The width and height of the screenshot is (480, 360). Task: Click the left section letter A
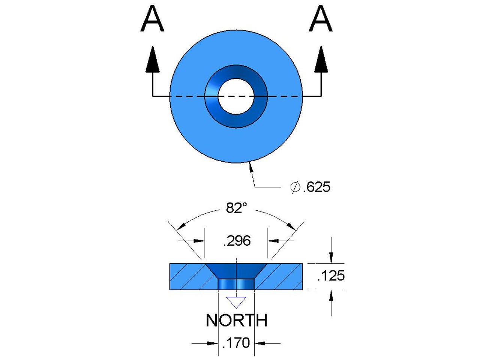click(152, 20)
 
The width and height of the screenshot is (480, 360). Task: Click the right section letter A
click(321, 20)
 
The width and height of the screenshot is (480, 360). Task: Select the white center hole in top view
click(236, 96)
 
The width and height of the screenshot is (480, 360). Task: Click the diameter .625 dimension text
click(316, 187)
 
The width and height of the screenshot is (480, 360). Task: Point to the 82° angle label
click(236, 208)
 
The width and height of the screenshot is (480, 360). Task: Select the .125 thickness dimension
click(330, 276)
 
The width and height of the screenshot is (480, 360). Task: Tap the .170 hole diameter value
click(236, 343)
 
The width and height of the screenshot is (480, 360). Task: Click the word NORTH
click(236, 320)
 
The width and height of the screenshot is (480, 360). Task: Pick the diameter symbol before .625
click(295, 187)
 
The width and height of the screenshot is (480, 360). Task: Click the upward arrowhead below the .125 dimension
click(331, 296)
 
